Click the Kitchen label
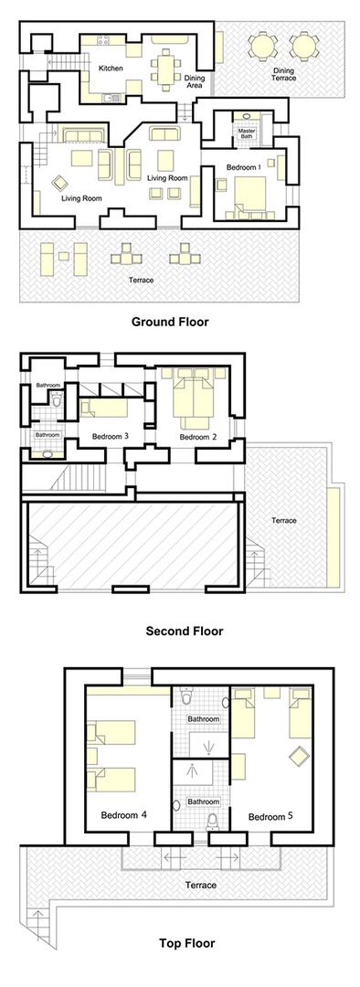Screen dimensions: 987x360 (111, 68)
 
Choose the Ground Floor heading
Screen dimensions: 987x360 (170, 321)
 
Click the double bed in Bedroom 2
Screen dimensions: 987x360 (194, 403)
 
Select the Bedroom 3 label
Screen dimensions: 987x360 (109, 437)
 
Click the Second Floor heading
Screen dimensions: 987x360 (184, 630)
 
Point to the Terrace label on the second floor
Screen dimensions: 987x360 (283, 520)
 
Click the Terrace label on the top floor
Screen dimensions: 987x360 (199, 885)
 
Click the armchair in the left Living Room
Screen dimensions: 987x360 (59, 181)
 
